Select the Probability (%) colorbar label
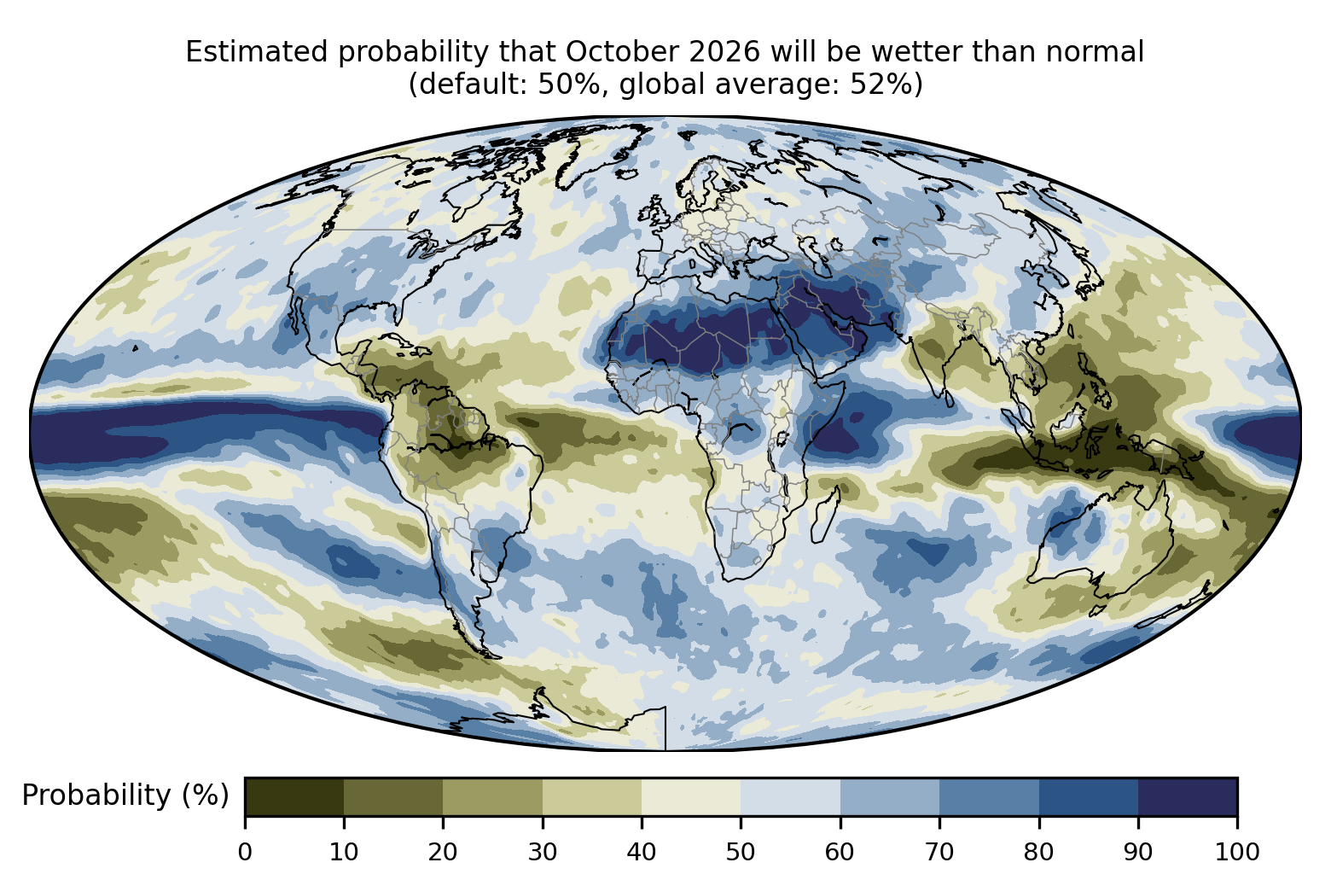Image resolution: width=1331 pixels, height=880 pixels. pyautogui.click(x=125, y=795)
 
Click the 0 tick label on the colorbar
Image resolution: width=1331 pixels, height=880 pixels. pyautogui.click(x=245, y=852)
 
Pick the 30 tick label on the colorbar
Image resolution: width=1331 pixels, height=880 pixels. pyautogui.click(x=543, y=852)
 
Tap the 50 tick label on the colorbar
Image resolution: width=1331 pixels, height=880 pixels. pyautogui.click(x=741, y=852)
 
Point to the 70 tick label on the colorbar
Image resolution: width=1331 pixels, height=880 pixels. pyautogui.click(x=939, y=852)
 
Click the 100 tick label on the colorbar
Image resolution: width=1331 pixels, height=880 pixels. pyautogui.click(x=1237, y=852)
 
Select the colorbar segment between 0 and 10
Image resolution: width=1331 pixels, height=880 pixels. pyautogui.click(x=294, y=796)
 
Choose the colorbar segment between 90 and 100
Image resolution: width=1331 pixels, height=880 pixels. pyautogui.click(x=1188, y=796)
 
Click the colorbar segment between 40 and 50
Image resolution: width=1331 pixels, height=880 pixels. pyautogui.click(x=691, y=796)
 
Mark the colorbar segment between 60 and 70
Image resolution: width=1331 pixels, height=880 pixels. pyautogui.click(x=890, y=796)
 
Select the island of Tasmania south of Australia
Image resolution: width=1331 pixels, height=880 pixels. pyautogui.click(x=1099, y=610)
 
